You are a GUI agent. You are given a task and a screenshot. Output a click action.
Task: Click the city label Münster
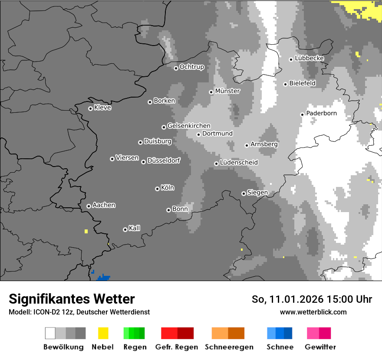(227, 91)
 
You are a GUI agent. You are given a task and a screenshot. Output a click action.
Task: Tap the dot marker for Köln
(157, 189)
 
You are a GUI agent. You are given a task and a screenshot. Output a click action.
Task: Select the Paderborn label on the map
(321, 113)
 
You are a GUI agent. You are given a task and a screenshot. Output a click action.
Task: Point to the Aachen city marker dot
(89, 206)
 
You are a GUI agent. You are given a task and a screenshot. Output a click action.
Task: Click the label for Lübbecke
(309, 58)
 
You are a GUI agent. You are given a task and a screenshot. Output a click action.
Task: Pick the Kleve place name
(102, 108)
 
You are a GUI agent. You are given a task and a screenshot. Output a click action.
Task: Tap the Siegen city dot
(244, 193)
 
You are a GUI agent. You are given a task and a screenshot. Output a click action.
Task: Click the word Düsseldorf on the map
(163, 160)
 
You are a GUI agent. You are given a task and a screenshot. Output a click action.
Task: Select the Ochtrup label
(191, 67)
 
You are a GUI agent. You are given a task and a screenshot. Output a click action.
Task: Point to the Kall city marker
(125, 229)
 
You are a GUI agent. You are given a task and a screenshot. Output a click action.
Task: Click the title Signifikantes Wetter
(72, 299)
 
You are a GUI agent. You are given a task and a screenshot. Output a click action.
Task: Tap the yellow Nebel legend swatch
(103, 333)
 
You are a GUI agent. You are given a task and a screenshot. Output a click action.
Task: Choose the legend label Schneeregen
(229, 347)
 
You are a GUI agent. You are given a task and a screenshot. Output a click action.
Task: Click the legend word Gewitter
(320, 347)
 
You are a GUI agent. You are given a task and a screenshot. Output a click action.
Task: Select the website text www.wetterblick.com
(313, 312)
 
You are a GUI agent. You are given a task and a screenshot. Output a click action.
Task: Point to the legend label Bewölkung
(63, 347)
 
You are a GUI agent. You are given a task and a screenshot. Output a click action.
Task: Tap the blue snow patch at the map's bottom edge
(103, 277)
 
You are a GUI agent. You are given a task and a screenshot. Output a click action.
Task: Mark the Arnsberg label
(264, 144)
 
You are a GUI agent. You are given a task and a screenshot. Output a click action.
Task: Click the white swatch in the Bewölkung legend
(50, 333)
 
